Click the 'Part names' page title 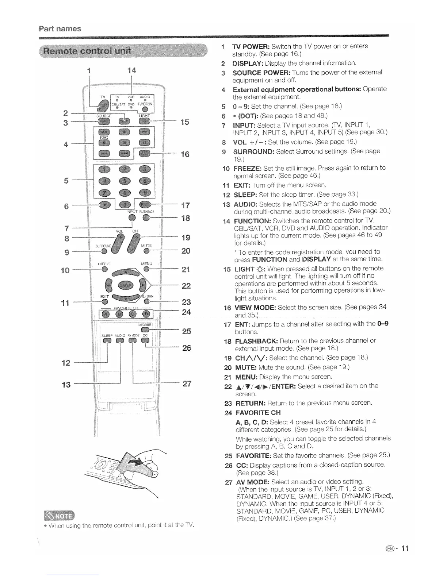[60, 29]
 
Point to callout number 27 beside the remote [187, 384]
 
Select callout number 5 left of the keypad [66, 180]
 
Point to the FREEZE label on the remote [104, 263]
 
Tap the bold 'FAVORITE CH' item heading [258, 413]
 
